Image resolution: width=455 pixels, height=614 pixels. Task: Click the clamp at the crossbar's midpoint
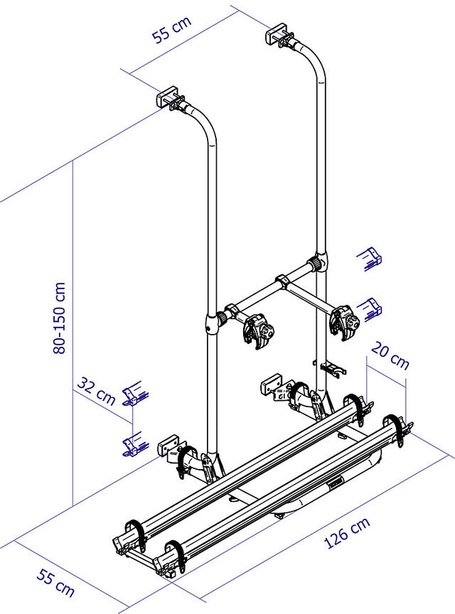(282, 283)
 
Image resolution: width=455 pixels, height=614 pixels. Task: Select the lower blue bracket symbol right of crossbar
(370, 308)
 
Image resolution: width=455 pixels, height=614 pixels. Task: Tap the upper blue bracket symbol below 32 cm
(133, 395)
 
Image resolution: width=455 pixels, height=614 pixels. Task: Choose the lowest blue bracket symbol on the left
(132, 444)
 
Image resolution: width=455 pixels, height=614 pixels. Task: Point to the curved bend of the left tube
(205, 124)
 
